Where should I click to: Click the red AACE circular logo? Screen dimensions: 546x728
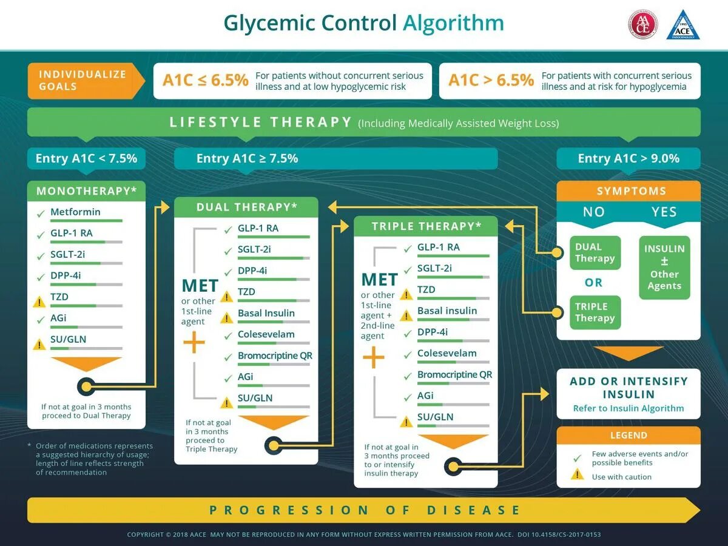(x=642, y=25)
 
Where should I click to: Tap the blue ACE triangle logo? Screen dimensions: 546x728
(x=683, y=26)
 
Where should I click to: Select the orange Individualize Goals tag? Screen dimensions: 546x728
(x=84, y=80)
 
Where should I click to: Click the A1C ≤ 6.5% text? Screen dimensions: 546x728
(x=206, y=80)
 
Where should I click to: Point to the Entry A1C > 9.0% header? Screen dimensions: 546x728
(x=629, y=158)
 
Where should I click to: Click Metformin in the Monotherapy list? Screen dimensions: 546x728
(x=75, y=212)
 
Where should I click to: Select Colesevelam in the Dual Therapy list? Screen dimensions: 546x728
(x=266, y=334)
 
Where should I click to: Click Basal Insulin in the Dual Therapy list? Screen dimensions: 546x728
(x=266, y=313)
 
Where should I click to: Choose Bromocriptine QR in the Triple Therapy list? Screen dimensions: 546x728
(x=454, y=374)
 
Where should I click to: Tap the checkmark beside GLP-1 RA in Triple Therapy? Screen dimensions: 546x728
(x=407, y=248)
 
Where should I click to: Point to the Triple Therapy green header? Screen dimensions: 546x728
(x=426, y=226)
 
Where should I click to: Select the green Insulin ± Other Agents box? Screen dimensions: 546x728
(x=664, y=268)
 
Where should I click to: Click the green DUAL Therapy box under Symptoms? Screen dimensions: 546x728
(x=595, y=252)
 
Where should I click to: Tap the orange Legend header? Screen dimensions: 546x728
(x=629, y=435)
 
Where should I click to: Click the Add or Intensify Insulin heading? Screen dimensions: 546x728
(x=629, y=388)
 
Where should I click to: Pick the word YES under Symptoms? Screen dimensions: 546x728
(x=664, y=212)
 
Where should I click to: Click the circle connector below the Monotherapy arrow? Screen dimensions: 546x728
(x=86, y=385)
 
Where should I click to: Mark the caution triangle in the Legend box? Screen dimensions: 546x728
(x=577, y=474)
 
